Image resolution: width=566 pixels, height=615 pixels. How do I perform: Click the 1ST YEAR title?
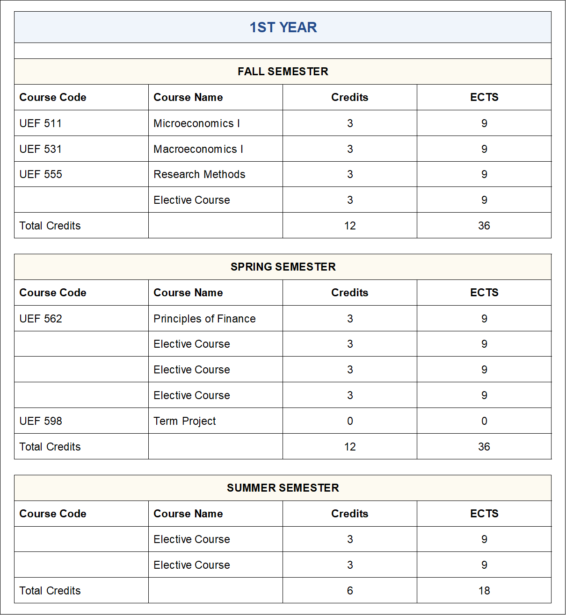[283, 28]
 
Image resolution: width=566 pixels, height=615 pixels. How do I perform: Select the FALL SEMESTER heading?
[283, 72]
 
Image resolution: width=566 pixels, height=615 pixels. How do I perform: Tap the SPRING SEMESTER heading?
[283, 267]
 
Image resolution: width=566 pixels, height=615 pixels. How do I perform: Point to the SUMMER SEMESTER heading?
[283, 488]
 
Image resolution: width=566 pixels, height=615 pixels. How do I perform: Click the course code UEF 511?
[41, 123]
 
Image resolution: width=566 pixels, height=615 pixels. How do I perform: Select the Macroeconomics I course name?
[198, 149]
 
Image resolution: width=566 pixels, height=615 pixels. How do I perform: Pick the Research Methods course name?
[199, 174]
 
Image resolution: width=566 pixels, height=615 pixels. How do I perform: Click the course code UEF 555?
[41, 174]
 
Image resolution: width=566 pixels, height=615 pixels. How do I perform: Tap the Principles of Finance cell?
[204, 319]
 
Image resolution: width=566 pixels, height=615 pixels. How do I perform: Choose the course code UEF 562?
[41, 319]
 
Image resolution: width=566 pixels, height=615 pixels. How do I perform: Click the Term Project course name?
[185, 421]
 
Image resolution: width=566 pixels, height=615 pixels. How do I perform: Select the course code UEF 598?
[41, 421]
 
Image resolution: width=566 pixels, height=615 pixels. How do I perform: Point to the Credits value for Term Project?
[350, 421]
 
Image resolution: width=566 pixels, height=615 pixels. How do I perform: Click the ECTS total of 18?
[484, 591]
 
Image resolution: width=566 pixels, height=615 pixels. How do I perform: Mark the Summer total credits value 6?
[350, 591]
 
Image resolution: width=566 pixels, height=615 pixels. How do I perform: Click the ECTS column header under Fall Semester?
[484, 97]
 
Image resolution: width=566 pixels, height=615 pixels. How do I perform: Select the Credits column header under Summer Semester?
[350, 514]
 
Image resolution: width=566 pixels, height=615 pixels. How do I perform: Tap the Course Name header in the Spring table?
[188, 293]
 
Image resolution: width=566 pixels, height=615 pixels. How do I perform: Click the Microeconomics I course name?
[196, 123]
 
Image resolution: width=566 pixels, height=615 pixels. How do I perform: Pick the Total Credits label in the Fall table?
[50, 226]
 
